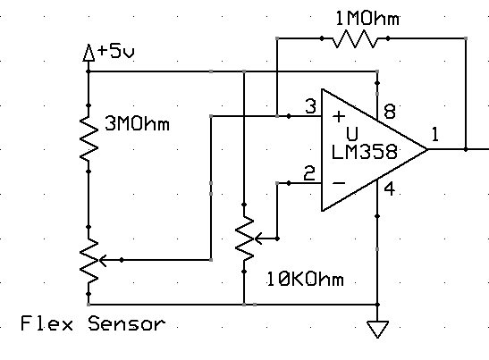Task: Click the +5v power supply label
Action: click(116, 52)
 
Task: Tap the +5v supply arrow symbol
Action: click(89, 53)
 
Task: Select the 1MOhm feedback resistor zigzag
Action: click(355, 38)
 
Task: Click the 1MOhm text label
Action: click(367, 19)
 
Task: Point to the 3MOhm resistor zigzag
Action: click(89, 138)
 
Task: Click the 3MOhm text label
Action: click(137, 124)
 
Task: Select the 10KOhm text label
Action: click(306, 279)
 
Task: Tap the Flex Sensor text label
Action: click(93, 323)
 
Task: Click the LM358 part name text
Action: click(364, 152)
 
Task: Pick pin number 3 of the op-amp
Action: click(310, 106)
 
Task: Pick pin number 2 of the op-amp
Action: click(309, 173)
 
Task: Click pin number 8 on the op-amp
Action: click(390, 112)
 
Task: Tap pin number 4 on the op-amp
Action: click(389, 189)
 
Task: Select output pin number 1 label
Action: click(435, 135)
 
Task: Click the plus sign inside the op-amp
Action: click(339, 116)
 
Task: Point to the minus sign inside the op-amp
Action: click(339, 183)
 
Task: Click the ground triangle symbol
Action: click(377, 330)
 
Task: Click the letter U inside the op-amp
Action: click(352, 134)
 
